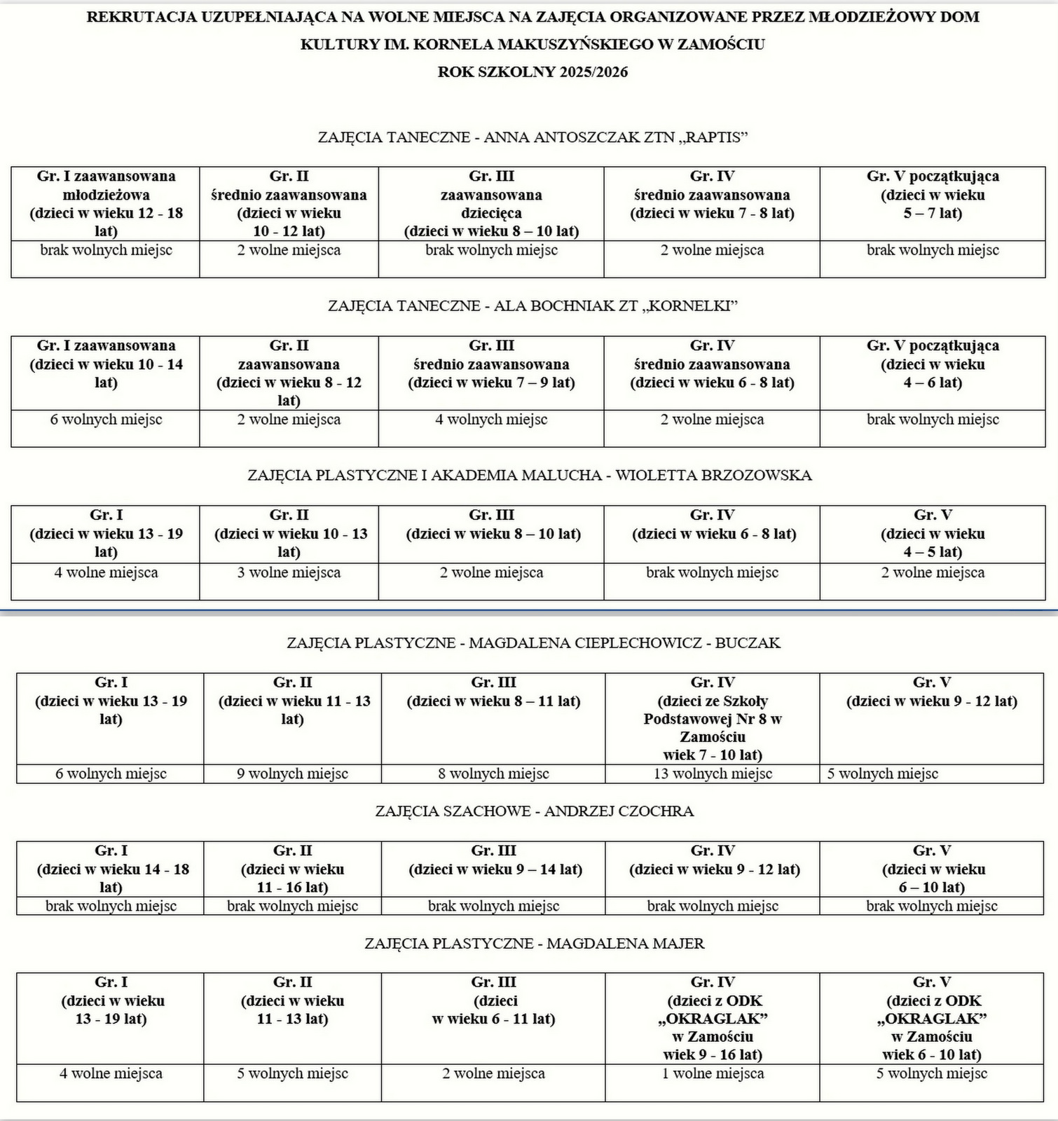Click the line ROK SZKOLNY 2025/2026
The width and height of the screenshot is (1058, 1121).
coord(533,72)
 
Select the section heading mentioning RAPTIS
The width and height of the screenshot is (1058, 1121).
coord(533,137)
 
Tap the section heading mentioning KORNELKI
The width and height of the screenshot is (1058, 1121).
coord(533,306)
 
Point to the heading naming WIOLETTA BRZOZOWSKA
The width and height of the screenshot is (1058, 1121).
coord(530,476)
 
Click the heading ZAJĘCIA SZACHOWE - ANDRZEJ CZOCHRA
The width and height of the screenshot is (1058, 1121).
coord(534,811)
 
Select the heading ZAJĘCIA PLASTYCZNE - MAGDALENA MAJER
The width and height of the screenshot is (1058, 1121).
coord(534,944)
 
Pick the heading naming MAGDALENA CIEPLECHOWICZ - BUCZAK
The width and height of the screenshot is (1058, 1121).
coord(533,643)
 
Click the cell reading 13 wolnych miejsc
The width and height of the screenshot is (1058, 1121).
coord(713,774)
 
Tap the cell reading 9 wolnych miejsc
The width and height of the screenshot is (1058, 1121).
coord(292,774)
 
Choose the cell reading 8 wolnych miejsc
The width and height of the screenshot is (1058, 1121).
coord(493,774)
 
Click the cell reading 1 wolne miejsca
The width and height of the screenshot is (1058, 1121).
coord(713,1074)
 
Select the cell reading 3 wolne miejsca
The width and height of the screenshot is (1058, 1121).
coord(289,573)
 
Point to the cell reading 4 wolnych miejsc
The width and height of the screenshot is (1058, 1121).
coord(491,420)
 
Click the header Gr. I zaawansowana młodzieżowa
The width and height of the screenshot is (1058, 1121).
coord(106,203)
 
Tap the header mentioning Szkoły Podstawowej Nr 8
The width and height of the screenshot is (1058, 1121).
coord(713,719)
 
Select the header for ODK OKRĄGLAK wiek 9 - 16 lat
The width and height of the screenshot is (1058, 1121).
coord(713,1019)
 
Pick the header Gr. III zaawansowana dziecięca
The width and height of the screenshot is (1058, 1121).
coord(491,203)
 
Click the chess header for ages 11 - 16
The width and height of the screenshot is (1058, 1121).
coord(292,869)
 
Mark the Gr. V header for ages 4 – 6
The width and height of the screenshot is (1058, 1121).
coord(933,364)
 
